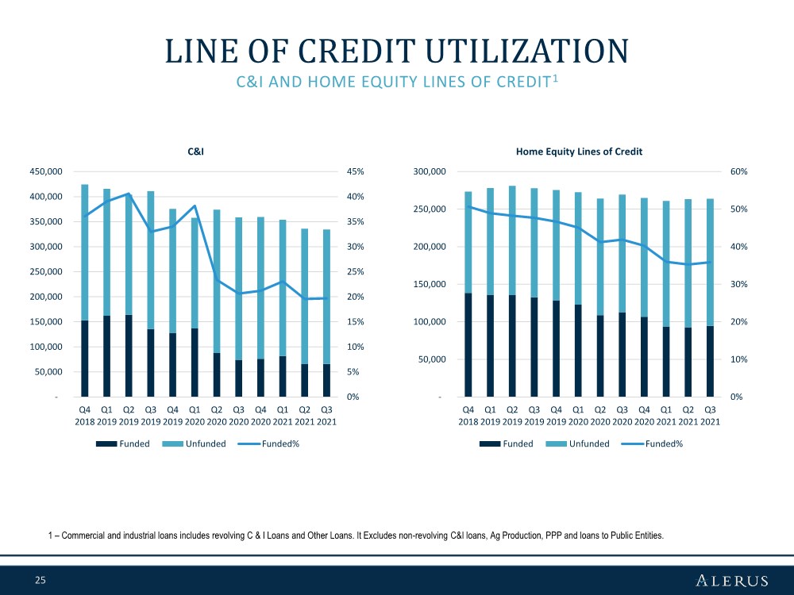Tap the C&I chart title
click(x=195, y=152)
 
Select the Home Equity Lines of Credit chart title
click(x=579, y=152)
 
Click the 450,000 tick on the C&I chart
click(x=46, y=171)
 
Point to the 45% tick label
click(x=356, y=171)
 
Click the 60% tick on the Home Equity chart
click(x=738, y=171)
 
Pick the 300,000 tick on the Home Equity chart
click(x=430, y=171)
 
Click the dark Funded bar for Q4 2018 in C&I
click(x=85, y=359)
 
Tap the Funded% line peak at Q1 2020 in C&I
click(x=195, y=206)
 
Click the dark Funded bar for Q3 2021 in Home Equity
click(x=710, y=361)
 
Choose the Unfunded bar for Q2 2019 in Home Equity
click(x=512, y=240)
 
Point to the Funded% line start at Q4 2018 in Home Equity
click(x=468, y=206)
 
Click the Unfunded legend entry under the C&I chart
click(x=195, y=443)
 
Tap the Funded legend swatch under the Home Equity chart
click(x=490, y=443)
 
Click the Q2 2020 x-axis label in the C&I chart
click(x=217, y=416)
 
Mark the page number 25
click(x=40, y=580)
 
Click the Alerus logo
click(x=732, y=581)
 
